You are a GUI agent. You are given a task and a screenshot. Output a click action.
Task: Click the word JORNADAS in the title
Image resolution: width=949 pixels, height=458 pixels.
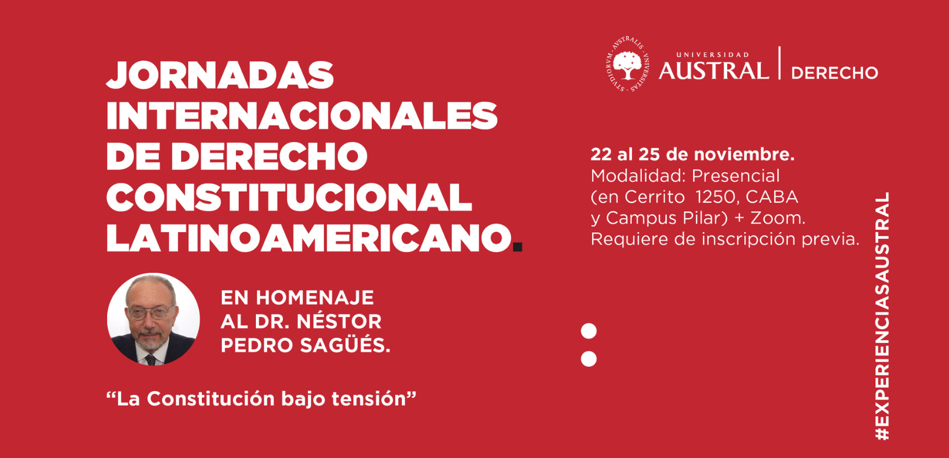[x=220, y=75]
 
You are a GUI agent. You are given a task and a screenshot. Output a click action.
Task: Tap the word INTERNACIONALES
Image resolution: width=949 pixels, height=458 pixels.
[x=302, y=115]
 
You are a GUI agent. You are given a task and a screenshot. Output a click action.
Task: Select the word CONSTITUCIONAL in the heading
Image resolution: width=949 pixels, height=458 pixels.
[x=289, y=198]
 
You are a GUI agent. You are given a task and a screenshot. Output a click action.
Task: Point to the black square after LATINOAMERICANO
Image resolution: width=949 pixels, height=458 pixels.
[x=517, y=247]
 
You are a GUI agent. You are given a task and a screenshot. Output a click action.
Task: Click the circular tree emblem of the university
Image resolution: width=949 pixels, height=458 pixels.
[x=627, y=64]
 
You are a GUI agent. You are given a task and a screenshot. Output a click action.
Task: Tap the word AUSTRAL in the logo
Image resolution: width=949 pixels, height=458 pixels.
[x=714, y=71]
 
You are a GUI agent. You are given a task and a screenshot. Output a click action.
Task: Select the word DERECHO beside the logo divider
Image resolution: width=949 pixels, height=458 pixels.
[x=835, y=73]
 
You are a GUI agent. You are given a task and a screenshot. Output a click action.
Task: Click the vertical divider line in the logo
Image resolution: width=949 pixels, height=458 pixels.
[x=780, y=63]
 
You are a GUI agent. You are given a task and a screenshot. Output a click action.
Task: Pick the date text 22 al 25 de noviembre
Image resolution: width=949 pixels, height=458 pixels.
[x=692, y=155]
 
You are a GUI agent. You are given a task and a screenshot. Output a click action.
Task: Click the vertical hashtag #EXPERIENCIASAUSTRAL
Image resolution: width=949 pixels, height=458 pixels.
[x=882, y=316]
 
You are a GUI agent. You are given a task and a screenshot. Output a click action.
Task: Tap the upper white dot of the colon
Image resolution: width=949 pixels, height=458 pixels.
[x=588, y=331]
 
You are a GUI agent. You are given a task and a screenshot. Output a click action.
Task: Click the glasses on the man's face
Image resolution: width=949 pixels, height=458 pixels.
[x=151, y=313]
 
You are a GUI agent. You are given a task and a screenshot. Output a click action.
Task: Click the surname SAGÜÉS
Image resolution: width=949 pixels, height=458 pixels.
[x=345, y=345]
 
